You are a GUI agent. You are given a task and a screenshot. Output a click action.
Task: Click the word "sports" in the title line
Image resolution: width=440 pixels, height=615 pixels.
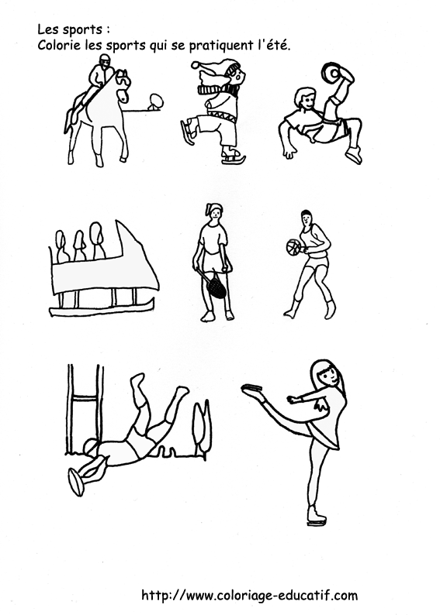[x=81, y=30]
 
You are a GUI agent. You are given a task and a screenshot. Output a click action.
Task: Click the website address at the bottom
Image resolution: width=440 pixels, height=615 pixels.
[x=249, y=595]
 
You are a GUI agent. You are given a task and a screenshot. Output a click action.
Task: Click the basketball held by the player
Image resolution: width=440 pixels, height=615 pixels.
[x=293, y=248]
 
